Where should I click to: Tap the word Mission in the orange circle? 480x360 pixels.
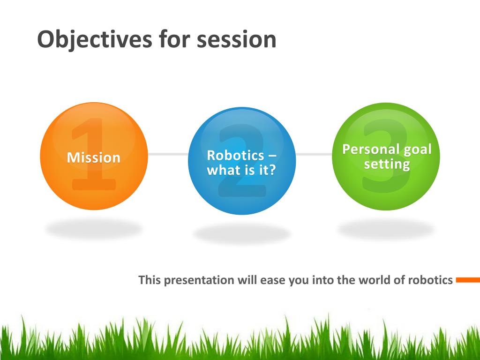click(x=94, y=157)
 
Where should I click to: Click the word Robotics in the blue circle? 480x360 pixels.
click(x=235, y=155)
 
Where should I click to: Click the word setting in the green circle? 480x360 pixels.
click(x=387, y=165)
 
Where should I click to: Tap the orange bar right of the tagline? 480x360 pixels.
click(x=468, y=280)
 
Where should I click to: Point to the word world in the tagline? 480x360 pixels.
click(x=374, y=280)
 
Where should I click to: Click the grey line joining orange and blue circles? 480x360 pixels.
click(x=168, y=154)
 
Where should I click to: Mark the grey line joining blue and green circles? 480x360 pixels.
click(x=314, y=154)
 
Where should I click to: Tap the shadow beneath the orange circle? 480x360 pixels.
click(x=94, y=229)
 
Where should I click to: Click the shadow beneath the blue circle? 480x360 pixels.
click(x=242, y=233)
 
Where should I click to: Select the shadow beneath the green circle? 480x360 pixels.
click(x=386, y=229)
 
